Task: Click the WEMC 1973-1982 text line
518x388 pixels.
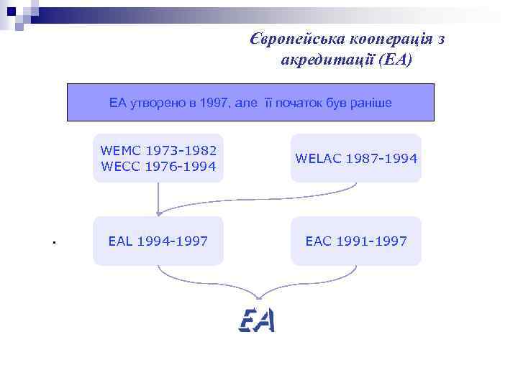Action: click(x=158, y=151)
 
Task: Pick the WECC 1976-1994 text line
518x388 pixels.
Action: click(x=158, y=167)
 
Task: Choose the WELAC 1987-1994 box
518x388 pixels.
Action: click(x=356, y=158)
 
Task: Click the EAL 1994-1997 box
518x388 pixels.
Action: click(x=158, y=241)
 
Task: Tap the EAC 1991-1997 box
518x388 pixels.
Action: click(x=356, y=241)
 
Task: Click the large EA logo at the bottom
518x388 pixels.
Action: click(x=257, y=320)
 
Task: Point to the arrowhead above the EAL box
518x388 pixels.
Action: click(x=158, y=213)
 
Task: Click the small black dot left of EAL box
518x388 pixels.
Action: click(x=54, y=242)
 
